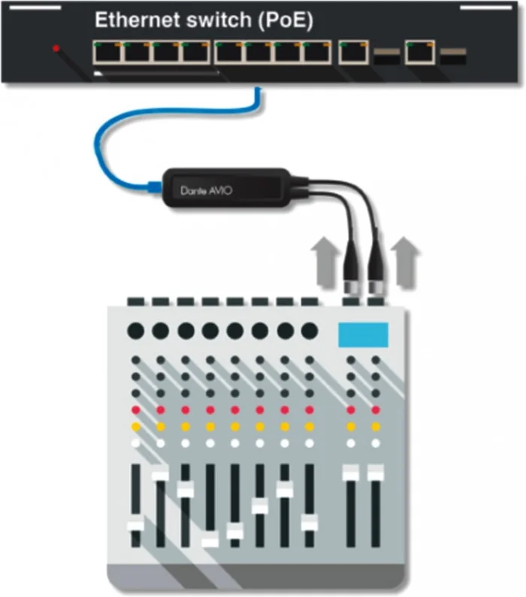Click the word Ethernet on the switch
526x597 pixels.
tap(138, 20)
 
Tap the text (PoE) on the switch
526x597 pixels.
tap(286, 20)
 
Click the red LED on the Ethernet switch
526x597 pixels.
tap(56, 48)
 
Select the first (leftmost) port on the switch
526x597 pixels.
tap(107, 52)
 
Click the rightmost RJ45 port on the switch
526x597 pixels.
tap(420, 52)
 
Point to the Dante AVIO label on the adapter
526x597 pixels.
tap(206, 190)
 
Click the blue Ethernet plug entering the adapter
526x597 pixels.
tap(155, 186)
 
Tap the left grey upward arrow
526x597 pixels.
tap(325, 262)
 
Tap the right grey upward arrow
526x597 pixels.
tap(405, 262)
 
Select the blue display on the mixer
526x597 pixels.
tap(363, 335)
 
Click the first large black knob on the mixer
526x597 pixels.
tap(136, 331)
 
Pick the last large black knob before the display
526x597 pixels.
tap(310, 331)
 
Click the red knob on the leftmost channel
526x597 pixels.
tap(136, 410)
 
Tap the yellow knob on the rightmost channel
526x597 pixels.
tap(376, 427)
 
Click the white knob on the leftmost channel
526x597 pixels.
tap(136, 443)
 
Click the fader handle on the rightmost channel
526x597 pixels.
tap(376, 473)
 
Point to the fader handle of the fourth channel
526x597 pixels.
tap(210, 540)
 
